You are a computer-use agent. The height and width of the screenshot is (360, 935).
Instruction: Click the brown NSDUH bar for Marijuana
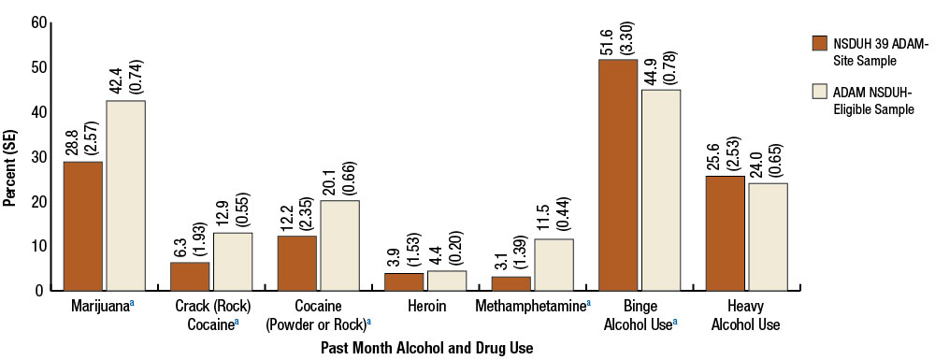pyautogui.click(x=83, y=226)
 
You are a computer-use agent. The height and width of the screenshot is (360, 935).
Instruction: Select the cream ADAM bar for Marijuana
pyautogui.click(x=125, y=195)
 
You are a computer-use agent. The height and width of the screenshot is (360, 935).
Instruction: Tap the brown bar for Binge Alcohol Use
pyautogui.click(x=618, y=175)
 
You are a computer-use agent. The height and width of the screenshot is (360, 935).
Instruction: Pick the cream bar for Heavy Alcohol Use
pyautogui.click(x=768, y=237)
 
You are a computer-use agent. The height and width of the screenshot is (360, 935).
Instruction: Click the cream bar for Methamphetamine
pyautogui.click(x=554, y=265)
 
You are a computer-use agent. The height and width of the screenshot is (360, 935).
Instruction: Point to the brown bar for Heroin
pyautogui.click(x=404, y=281)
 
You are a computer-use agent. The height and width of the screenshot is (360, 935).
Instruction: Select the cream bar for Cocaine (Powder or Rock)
pyautogui.click(x=339, y=245)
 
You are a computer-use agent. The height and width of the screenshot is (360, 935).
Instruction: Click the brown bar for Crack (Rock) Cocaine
pyautogui.click(x=190, y=276)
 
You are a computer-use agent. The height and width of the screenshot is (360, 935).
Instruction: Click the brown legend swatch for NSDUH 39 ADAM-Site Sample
pyautogui.click(x=820, y=42)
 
